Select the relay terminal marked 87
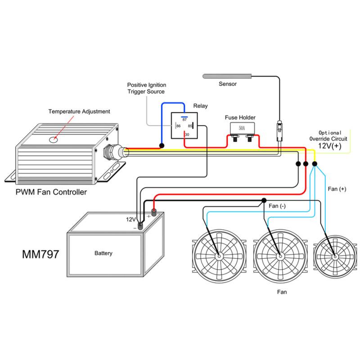click(184, 119)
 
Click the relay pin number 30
click(187, 134)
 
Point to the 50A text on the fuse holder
click(242, 128)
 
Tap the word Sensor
click(227, 84)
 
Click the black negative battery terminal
click(140, 225)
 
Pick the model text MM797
click(40, 254)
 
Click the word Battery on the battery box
click(103, 253)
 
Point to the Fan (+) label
click(337, 189)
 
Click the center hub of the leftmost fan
click(219, 256)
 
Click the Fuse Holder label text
click(240, 117)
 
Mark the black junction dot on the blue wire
click(162, 146)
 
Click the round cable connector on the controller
click(112, 153)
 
